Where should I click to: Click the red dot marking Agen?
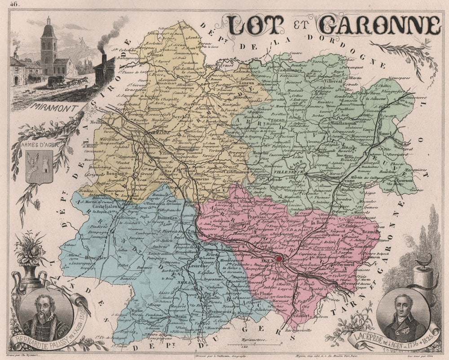pyautogui.click(x=280, y=259)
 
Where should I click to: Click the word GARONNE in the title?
pyautogui.click(x=379, y=26)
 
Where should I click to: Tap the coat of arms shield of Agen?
pyautogui.click(x=39, y=167)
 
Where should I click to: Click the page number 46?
pyautogui.click(x=17, y=4)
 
